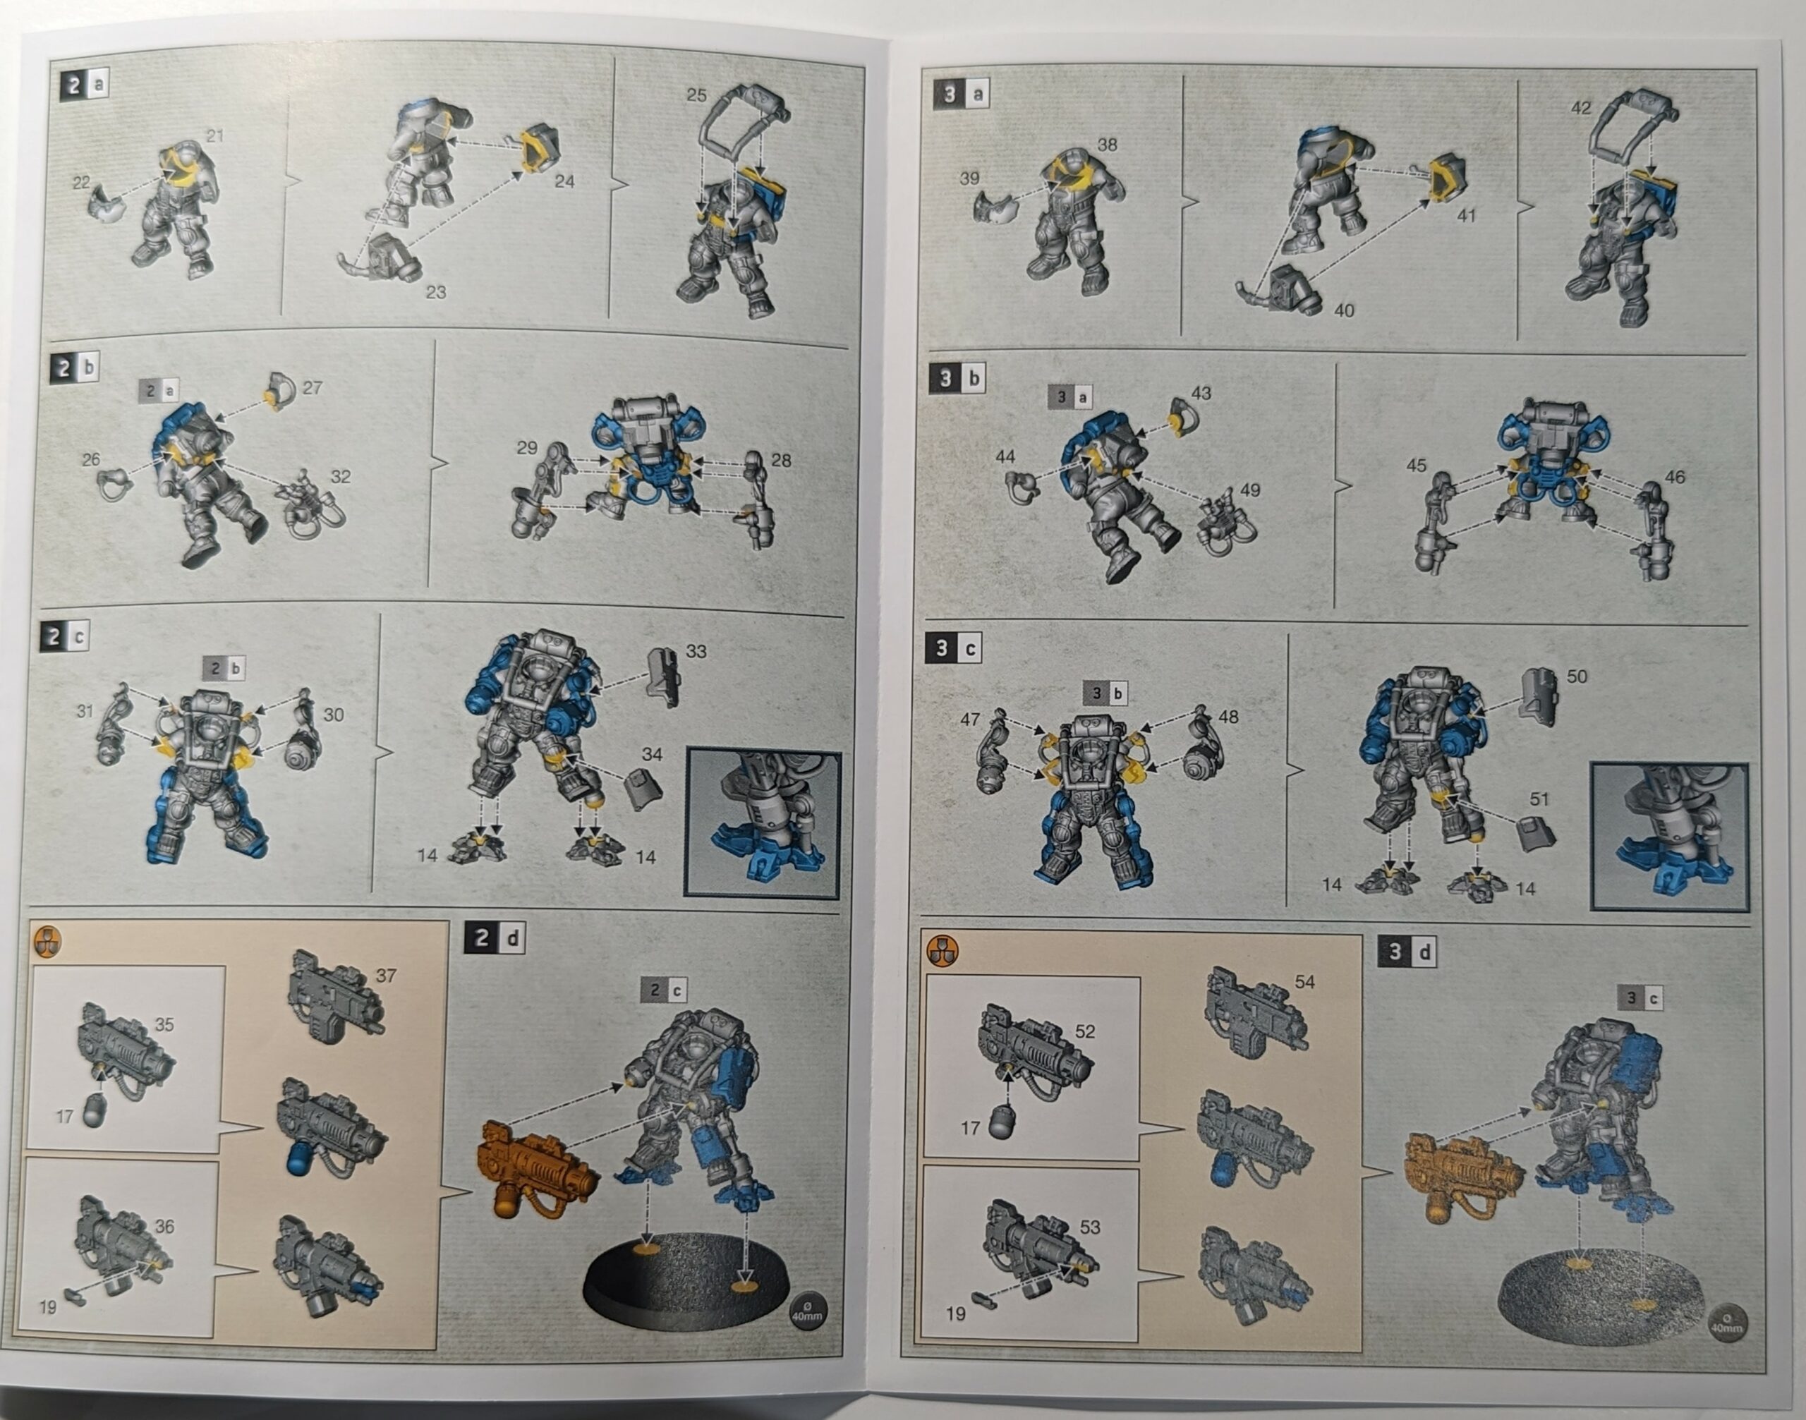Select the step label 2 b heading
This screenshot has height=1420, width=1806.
pyautogui.click(x=75, y=367)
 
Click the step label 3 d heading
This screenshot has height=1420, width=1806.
pyautogui.click(x=1407, y=952)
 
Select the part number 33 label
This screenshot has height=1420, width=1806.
pyautogui.click(x=696, y=651)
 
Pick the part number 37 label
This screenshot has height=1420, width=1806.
pyautogui.click(x=385, y=975)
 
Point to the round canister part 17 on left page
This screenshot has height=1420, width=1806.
pyautogui.click(x=94, y=1111)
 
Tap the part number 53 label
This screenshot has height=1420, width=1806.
pyautogui.click(x=1089, y=1227)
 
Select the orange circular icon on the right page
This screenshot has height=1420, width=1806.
pyautogui.click(x=942, y=949)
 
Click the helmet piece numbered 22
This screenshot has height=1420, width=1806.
pyautogui.click(x=103, y=205)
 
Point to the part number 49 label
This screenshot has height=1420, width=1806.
pyautogui.click(x=1249, y=490)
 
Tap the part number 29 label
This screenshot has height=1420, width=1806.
pyautogui.click(x=526, y=447)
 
